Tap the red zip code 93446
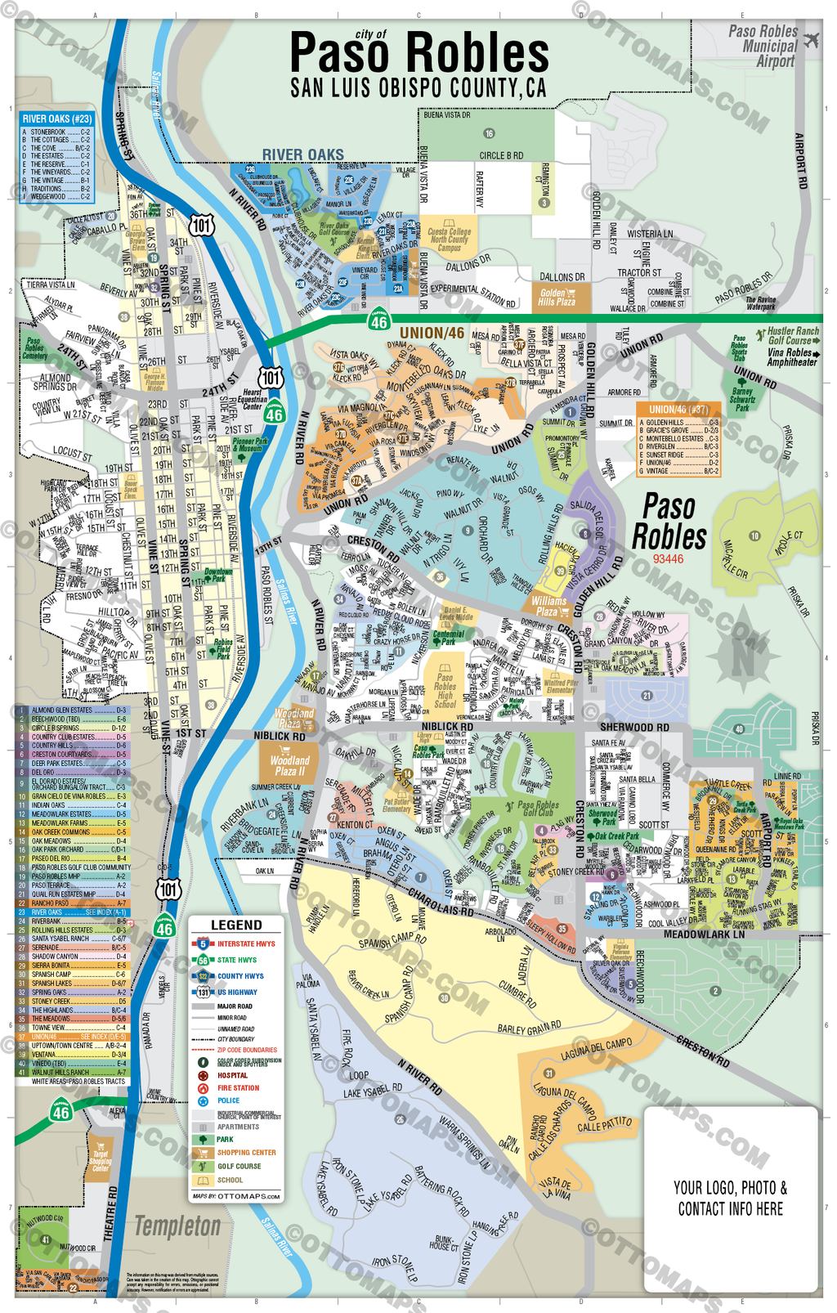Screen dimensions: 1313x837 668,559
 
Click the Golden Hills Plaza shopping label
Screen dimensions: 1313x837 556,298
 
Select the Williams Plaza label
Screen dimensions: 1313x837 548,606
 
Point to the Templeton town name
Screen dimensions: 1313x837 177,1226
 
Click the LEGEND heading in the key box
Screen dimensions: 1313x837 236,925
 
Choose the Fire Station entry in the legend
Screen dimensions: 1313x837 238,1088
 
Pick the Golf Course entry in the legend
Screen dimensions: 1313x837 239,1167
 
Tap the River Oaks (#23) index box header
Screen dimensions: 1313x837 56,119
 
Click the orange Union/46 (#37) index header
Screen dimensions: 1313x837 678,410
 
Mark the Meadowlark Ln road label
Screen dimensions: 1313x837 704,934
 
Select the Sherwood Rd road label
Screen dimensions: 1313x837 634,727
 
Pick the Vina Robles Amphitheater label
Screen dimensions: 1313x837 790,357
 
